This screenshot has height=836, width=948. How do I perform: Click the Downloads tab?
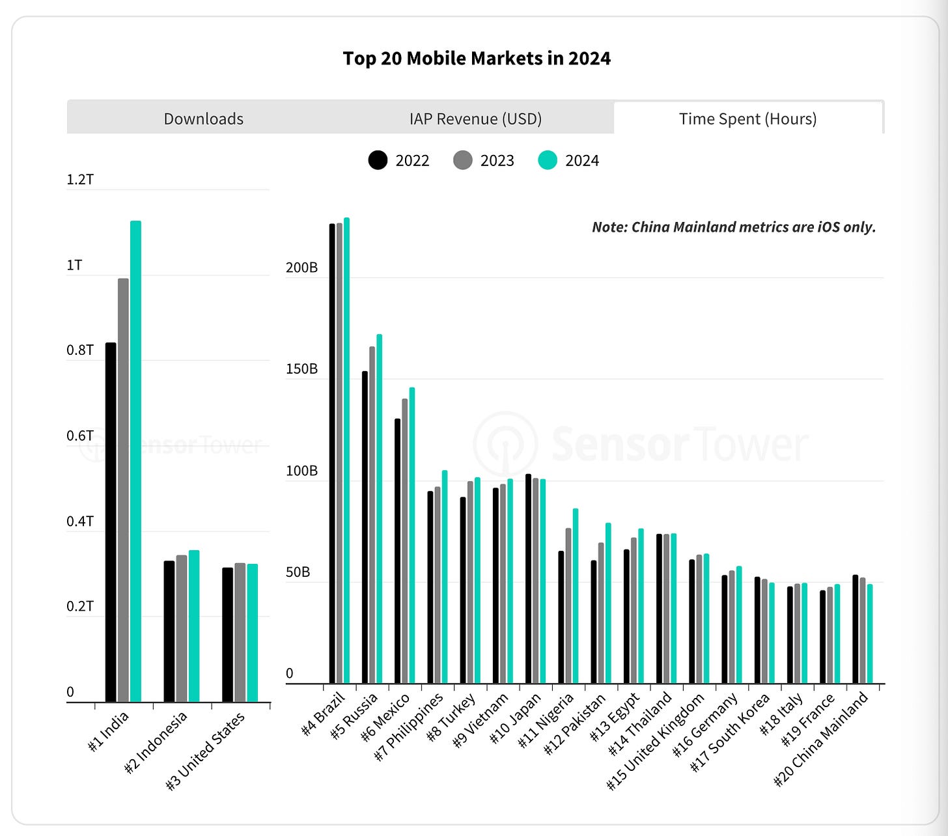point(203,118)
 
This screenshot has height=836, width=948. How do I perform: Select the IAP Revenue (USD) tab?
point(475,118)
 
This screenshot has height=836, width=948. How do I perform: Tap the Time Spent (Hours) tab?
point(747,118)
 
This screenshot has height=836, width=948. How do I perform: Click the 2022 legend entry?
point(398,160)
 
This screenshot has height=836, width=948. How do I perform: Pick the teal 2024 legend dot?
point(548,160)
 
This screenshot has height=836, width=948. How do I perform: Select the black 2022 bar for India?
point(111,521)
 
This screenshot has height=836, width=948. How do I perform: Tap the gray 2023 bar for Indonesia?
point(182,628)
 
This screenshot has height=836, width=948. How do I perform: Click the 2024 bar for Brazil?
point(346,449)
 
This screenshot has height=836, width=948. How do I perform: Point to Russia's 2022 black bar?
point(365,527)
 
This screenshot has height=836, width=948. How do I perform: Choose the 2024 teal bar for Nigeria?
point(575,596)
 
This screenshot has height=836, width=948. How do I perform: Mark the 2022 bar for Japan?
point(528,579)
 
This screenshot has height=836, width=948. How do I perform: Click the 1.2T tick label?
point(80,180)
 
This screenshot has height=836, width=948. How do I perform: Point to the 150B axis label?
point(301,369)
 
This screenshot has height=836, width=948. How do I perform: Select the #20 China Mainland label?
point(822,739)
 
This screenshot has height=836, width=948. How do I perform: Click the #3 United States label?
point(206,751)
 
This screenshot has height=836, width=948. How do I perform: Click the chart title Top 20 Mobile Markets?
point(477,59)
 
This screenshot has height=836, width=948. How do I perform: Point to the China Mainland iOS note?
point(734,227)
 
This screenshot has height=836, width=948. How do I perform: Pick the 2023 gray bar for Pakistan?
point(601,612)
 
